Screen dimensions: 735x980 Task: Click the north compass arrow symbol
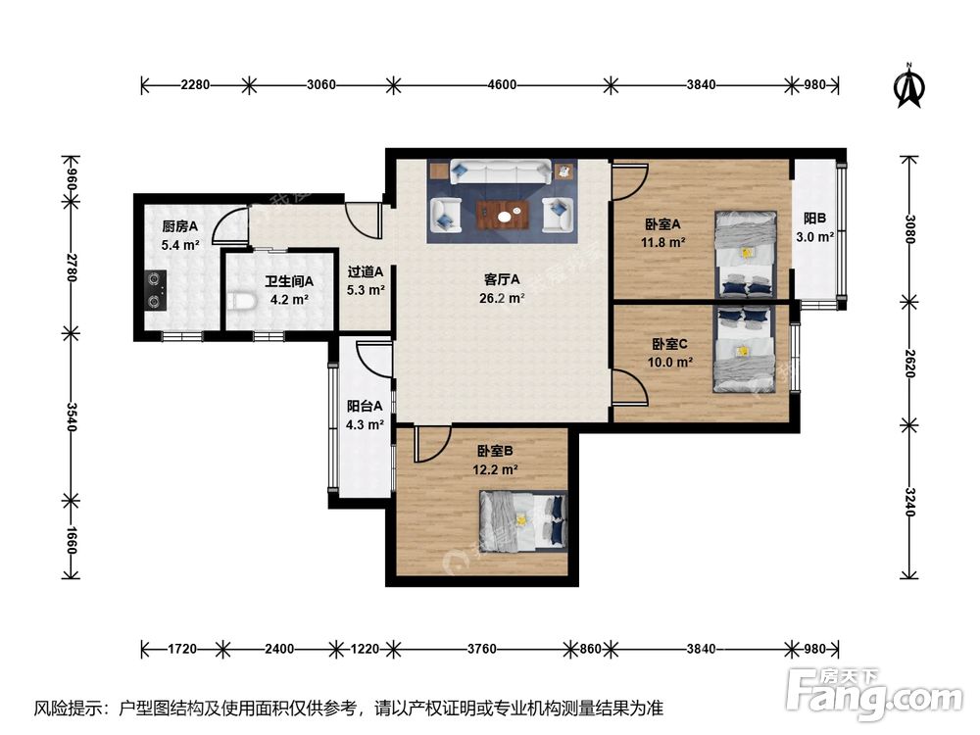click(910, 86)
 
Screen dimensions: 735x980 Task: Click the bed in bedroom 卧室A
click(747, 253)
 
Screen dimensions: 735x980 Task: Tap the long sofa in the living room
click(500, 172)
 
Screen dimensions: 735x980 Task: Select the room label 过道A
click(366, 272)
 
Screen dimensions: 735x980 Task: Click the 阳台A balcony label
click(365, 406)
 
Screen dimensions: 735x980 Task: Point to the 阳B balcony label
click(814, 219)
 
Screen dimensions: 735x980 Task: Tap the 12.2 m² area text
click(495, 469)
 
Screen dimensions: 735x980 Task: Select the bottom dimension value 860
click(590, 648)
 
